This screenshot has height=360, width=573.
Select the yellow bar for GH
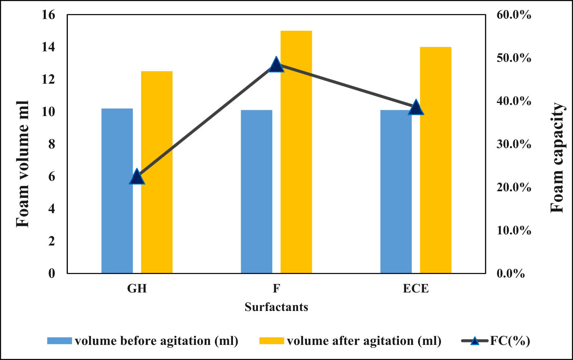(x=157, y=172)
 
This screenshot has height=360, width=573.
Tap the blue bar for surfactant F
(x=256, y=192)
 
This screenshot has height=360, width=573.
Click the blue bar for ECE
(x=396, y=192)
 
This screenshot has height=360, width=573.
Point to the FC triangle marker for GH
(x=137, y=177)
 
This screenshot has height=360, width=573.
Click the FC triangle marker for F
(x=276, y=65)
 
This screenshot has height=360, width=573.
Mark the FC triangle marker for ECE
(x=416, y=107)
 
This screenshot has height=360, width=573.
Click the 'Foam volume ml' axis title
(x=22, y=164)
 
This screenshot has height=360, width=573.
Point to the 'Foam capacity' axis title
(x=557, y=158)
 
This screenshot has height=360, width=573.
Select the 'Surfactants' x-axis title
(x=276, y=307)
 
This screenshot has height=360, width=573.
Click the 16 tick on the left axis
(x=48, y=15)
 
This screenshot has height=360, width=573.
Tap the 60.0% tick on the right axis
(x=514, y=15)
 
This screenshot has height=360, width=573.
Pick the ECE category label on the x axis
(x=416, y=288)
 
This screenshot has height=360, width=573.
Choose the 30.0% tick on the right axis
(x=514, y=144)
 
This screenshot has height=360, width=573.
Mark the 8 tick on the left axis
(x=51, y=144)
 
